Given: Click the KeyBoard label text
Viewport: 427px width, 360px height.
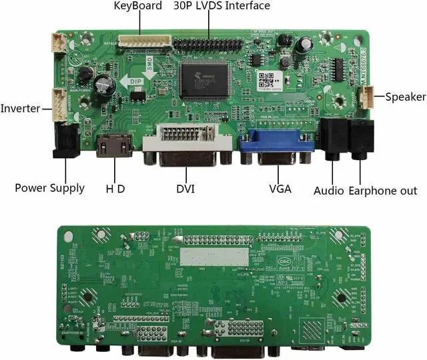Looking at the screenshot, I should pyautogui.click(x=138, y=6).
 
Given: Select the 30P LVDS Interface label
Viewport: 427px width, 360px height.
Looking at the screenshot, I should pyautogui.click(x=222, y=6).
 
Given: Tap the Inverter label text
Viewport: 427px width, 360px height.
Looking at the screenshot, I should pyautogui.click(x=20, y=109).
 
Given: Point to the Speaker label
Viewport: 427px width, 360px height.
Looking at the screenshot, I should pyautogui.click(x=405, y=97).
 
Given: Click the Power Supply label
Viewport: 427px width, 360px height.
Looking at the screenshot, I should pyautogui.click(x=50, y=188).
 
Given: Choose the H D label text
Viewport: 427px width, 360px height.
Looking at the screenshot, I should pyautogui.click(x=116, y=189).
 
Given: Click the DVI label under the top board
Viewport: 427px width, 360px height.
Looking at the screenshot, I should pyautogui.click(x=185, y=189).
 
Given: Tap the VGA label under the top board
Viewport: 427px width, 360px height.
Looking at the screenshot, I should pyautogui.click(x=280, y=189).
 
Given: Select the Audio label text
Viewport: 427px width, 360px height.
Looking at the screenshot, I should pyautogui.click(x=329, y=191).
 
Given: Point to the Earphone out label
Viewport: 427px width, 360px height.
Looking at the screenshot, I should pyautogui.click(x=383, y=191).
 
